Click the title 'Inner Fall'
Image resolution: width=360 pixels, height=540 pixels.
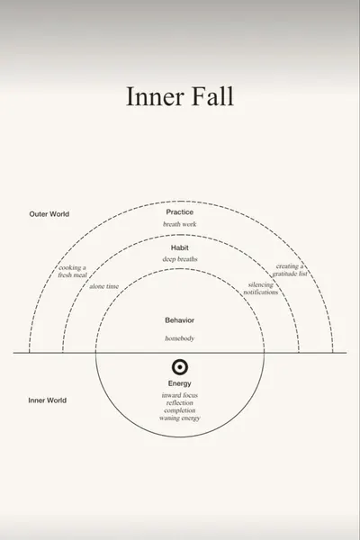(180, 96)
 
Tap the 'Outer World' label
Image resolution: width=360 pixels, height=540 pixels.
(49, 214)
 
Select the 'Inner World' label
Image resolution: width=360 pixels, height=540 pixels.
(47, 400)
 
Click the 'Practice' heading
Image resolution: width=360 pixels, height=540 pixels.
(179, 212)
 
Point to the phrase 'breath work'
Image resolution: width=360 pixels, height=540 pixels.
(179, 224)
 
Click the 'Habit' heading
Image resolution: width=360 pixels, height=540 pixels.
(179, 247)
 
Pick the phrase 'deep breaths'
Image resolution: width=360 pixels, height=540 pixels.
(180, 259)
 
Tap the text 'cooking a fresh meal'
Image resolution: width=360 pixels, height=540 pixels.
(72, 272)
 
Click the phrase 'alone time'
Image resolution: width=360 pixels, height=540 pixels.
(104, 286)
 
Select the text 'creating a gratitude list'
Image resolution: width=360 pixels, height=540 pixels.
(290, 270)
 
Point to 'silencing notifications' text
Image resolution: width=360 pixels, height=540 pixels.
(261, 289)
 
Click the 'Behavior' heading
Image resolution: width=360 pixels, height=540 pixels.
(179, 320)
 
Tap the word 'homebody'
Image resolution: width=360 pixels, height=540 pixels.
(179, 338)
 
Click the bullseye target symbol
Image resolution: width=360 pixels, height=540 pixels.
(180, 367)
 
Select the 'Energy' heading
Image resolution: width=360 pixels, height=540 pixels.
(179, 383)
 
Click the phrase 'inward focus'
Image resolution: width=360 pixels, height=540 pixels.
(179, 395)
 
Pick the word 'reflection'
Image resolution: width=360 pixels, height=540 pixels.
(179, 403)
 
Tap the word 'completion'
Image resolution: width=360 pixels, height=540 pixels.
(179, 410)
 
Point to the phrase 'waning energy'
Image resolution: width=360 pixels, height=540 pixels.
(179, 418)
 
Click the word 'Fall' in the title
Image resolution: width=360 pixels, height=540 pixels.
(212, 96)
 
